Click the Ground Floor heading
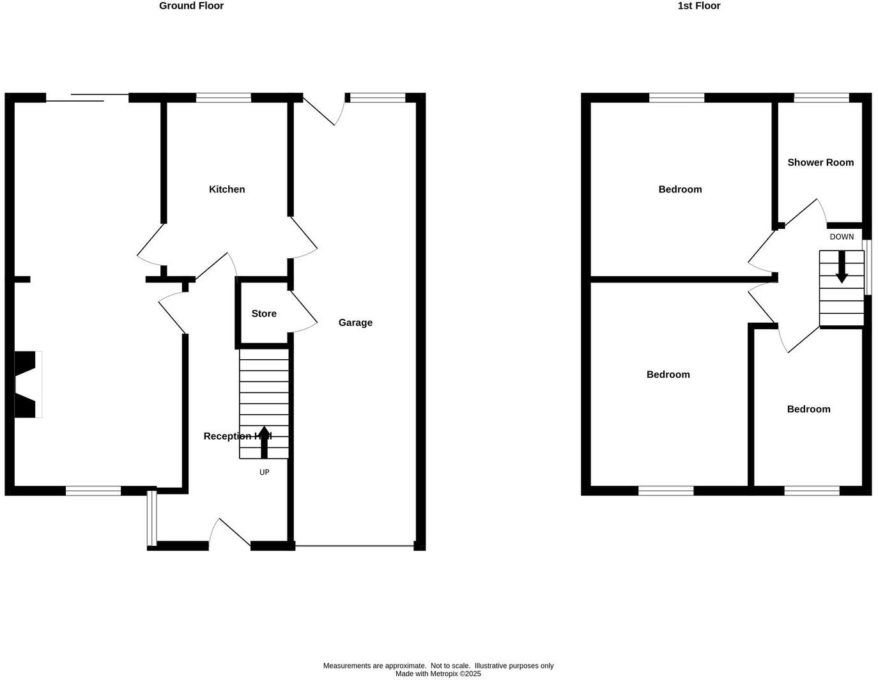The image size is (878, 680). click(191, 6)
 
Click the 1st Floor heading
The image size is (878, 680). click(698, 6)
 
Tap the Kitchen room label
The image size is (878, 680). click(227, 189)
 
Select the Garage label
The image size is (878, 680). click(355, 323)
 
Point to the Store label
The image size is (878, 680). click(264, 314)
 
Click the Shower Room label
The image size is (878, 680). click(820, 162)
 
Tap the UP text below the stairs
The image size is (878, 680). click(264, 472)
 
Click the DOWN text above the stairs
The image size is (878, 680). click(842, 237)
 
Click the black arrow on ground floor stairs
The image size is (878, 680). click(264, 442)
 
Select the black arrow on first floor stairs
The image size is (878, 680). click(842, 267)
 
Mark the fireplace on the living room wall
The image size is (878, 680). click(27, 385)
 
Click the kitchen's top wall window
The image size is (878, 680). click(224, 98)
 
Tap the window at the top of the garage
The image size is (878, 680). click(378, 98)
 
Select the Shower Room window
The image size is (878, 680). click(822, 98)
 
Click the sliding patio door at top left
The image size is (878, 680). click(88, 98)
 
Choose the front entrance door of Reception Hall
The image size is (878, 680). click(230, 534)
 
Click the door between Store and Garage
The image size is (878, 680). click(304, 313)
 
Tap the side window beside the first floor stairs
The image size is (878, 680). click(867, 267)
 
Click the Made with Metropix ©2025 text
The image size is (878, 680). click(438, 674)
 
